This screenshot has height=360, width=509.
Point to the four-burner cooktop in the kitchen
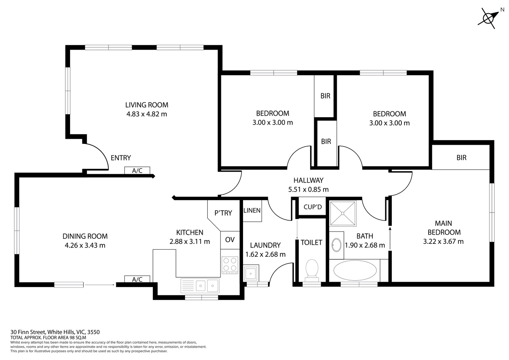(230, 265)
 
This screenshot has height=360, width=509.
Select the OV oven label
(230, 240)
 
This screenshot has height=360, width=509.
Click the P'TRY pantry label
(223, 213)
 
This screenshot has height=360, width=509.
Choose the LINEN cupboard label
(252, 210)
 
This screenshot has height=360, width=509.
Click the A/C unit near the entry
(137, 171)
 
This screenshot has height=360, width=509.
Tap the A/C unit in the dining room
(137, 279)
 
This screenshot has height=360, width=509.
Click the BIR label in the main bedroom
(461, 158)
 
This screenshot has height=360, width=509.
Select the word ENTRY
(121, 158)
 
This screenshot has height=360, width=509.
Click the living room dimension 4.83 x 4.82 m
(147, 114)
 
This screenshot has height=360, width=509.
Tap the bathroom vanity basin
(336, 245)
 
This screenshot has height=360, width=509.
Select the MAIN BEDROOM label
(443, 228)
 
